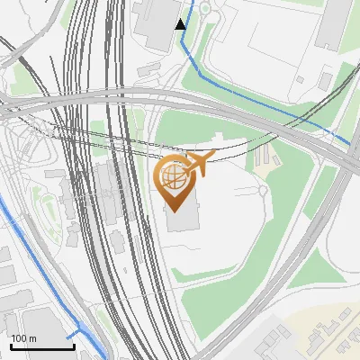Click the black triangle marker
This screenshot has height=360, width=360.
[x=181, y=23]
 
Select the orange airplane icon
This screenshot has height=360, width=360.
[x=200, y=166]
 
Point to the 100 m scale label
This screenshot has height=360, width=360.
[x=23, y=338]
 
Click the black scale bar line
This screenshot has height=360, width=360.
[x=42, y=346]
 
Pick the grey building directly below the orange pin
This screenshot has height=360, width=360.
[x=180, y=220]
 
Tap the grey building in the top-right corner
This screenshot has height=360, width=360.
[x=336, y=22]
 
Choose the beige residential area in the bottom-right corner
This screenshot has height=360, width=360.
[x=328, y=333]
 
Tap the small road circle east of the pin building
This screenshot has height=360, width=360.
[x=261, y=191]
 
